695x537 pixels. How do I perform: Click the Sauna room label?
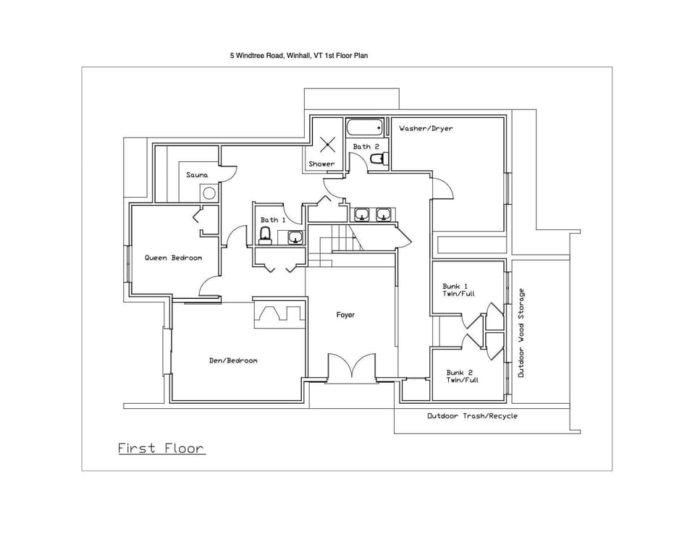point(197,175)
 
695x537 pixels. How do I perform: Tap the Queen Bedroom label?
point(173,258)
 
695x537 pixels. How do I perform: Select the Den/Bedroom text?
point(233,360)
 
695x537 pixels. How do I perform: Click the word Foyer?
point(345,315)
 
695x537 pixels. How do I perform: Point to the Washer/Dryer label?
point(426,129)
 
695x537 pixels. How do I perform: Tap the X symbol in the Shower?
point(327,144)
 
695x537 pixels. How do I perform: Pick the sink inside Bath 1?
point(295,237)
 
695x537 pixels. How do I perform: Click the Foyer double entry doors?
point(351,366)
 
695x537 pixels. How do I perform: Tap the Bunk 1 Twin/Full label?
point(455,290)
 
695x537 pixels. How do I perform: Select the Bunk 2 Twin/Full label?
point(462,376)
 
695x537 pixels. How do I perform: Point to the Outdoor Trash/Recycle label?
point(472,416)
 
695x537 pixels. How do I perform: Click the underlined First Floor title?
point(161,449)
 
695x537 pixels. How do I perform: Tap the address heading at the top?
point(299,55)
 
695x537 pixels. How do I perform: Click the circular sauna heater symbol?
point(208,193)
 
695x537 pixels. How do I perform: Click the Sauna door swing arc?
point(229,174)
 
